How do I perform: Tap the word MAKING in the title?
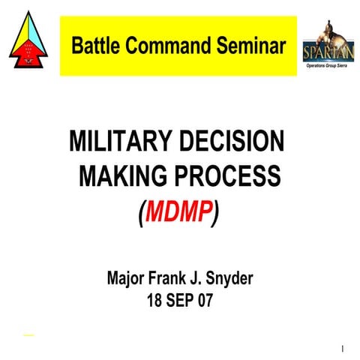(x=120, y=178)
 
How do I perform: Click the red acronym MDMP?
(x=178, y=214)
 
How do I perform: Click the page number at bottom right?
(x=342, y=349)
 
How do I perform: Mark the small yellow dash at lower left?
(x=28, y=334)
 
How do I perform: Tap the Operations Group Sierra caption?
(x=328, y=65)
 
